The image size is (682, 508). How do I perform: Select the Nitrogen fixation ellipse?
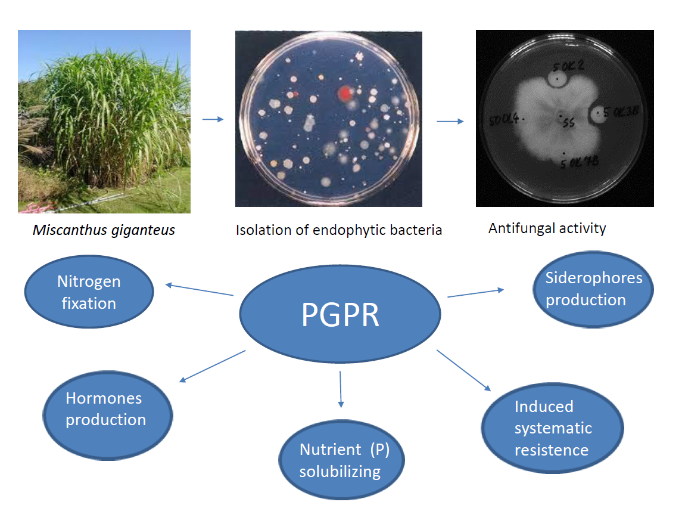pyautogui.click(x=89, y=292)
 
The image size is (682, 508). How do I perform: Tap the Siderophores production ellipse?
pyautogui.click(x=593, y=289)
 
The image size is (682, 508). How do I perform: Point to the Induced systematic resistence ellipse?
pyautogui.click(x=552, y=428)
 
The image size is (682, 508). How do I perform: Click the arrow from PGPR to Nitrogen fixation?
pyautogui.click(x=199, y=289)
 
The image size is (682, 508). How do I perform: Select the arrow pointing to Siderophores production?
pyautogui.click(x=475, y=293)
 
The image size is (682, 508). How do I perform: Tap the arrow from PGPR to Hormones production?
pyautogui.click(x=212, y=366)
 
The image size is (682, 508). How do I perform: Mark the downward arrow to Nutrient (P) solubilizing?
pyautogui.click(x=341, y=389)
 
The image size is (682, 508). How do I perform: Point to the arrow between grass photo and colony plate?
pyautogui.click(x=213, y=119)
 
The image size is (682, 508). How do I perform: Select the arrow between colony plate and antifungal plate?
pyautogui.click(x=450, y=122)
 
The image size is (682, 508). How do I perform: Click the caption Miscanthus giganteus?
pyautogui.click(x=104, y=230)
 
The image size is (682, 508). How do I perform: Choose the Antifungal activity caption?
pyautogui.click(x=547, y=228)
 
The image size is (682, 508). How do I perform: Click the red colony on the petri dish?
pyautogui.click(x=345, y=93)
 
